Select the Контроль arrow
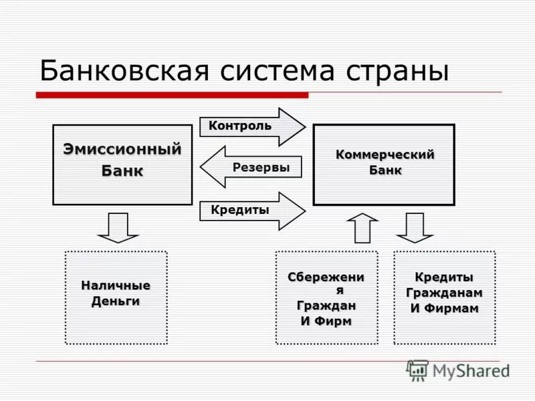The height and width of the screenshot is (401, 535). point(252,126)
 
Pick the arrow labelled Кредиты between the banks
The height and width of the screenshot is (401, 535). point(252,211)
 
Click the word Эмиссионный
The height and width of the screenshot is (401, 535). point(122,149)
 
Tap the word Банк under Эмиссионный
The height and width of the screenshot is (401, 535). point(122,170)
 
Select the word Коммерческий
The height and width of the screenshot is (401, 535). point(385,155)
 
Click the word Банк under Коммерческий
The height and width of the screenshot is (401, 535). point(385,170)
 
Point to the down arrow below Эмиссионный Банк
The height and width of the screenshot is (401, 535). point(118,227)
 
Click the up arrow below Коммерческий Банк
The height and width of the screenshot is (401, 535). point(362,227)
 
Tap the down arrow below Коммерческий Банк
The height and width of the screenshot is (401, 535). point(415,227)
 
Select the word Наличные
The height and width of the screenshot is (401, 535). point(116,286)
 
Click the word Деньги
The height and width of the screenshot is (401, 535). point(116,301)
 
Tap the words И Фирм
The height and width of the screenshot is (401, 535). point(326,321)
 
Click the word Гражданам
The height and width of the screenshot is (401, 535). point(444,293)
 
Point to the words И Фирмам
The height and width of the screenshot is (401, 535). point(444,308)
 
